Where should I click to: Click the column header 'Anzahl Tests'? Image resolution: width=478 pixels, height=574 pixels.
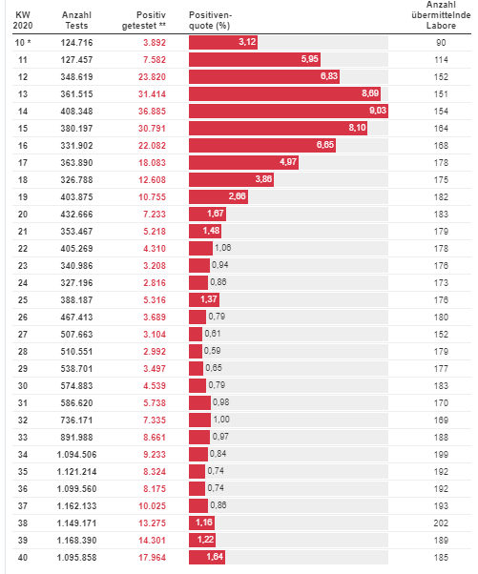pyautogui.click(x=76, y=20)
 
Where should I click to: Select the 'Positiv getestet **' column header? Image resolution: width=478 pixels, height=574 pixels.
pyautogui.click(x=143, y=20)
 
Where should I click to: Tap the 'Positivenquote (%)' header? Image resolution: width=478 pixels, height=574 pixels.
pyautogui.click(x=210, y=20)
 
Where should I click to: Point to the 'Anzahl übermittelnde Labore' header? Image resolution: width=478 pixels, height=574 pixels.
pyautogui.click(x=441, y=15)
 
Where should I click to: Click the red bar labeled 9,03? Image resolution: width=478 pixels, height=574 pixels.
pyautogui.click(x=288, y=111)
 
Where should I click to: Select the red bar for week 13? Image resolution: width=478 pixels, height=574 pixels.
pyautogui.click(x=284, y=93)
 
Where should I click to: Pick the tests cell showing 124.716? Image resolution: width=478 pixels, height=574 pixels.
pyautogui.click(x=76, y=43)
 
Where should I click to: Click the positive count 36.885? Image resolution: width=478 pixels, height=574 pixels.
pyautogui.click(x=152, y=111)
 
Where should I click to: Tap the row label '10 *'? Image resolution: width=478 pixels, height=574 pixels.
pyautogui.click(x=23, y=43)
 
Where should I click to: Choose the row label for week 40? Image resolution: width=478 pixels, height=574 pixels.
pyautogui.click(x=23, y=557)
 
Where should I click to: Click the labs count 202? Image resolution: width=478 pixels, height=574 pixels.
pyautogui.click(x=441, y=523)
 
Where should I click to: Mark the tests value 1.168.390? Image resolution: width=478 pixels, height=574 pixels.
pyautogui.click(x=76, y=540)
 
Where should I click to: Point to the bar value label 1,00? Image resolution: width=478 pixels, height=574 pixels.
pyautogui.click(x=221, y=420)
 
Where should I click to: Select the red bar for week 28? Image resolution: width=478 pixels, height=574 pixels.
pyautogui.click(x=196, y=351)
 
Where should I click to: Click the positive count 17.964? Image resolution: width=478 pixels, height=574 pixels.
pyautogui.click(x=152, y=557)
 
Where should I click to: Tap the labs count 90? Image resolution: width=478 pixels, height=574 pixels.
pyautogui.click(x=441, y=43)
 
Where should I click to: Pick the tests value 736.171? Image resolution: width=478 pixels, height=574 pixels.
pyautogui.click(x=76, y=420)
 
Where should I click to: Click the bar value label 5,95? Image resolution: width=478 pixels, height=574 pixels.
pyautogui.click(x=309, y=59)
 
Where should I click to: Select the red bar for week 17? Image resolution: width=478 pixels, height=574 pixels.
pyautogui.click(x=243, y=162)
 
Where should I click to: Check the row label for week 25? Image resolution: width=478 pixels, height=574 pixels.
pyautogui.click(x=23, y=299)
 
